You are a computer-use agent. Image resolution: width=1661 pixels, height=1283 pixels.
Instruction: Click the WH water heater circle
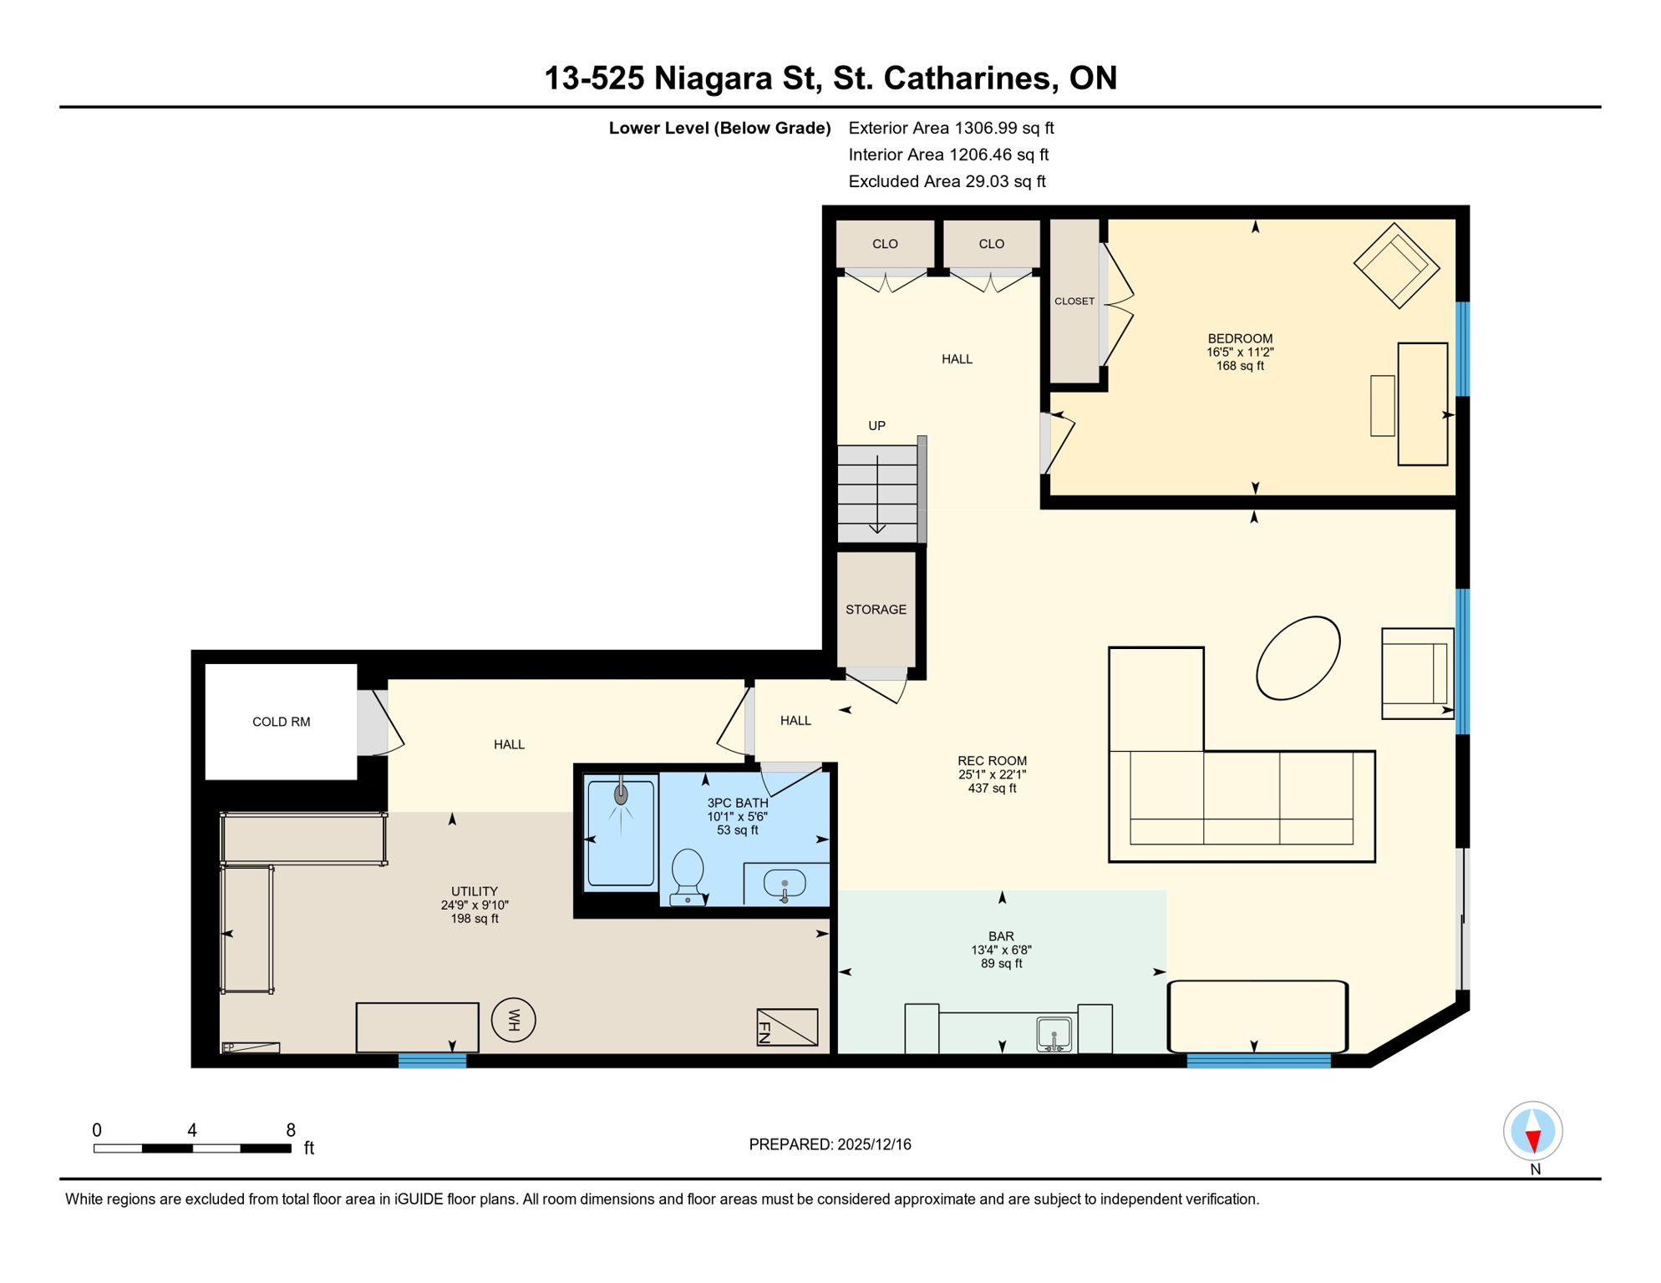pos(513,1020)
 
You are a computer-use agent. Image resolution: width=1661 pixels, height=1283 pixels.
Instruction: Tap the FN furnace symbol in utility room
pos(787,1027)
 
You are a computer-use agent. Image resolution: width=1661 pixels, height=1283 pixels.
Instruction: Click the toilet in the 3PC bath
pos(688,874)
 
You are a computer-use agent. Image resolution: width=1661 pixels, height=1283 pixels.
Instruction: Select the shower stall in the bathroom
pos(621,832)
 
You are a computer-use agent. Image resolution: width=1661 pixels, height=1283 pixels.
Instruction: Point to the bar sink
pos(1054,1034)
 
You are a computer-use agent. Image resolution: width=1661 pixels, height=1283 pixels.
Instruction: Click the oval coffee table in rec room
pos(1298,657)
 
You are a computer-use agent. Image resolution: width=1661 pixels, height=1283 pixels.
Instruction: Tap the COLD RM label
pos(282,722)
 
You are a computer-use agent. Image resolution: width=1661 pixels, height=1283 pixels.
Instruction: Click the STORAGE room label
pos(876,610)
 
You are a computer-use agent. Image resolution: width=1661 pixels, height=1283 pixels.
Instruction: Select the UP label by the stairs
pos(876,426)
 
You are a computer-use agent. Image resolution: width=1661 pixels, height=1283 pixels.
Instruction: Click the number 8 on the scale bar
pos(291,1130)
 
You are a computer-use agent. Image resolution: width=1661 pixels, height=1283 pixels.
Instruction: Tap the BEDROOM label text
pos(1240,338)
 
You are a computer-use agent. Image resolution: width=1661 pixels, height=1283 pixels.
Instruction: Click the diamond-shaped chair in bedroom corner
pos(1396,266)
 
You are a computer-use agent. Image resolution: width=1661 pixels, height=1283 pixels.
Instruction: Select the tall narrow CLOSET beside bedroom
pos(1074,301)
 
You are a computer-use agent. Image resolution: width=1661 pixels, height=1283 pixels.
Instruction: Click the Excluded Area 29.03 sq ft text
pos(947,181)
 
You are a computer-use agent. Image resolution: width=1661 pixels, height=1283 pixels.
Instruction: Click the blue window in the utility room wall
pos(432,1061)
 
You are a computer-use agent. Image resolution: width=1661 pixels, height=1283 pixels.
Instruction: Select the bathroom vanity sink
pos(785,885)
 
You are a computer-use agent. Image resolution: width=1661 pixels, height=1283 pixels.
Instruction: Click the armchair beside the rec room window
pos(1417,673)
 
